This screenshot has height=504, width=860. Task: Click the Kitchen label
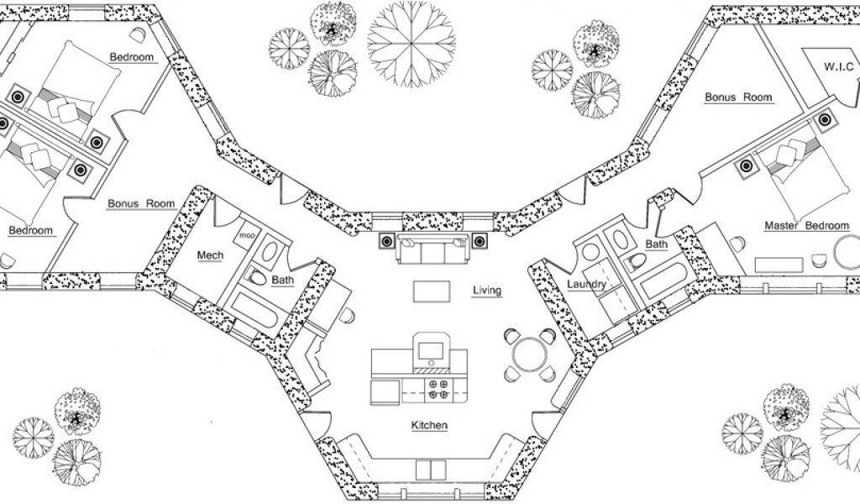click(428, 426)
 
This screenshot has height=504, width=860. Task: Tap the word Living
click(486, 291)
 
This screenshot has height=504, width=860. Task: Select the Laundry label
click(586, 285)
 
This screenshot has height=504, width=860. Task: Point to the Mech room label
click(209, 255)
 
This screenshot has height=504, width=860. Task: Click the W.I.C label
click(837, 65)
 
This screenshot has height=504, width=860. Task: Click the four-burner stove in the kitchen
click(438, 388)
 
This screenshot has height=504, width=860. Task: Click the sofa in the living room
click(433, 250)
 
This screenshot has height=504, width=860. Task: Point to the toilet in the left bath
click(258, 278)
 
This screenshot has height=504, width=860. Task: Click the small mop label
click(246, 236)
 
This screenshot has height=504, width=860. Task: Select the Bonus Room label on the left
click(141, 203)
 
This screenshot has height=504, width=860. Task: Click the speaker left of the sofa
click(385, 242)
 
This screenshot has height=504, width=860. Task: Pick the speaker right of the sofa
click(480, 242)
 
